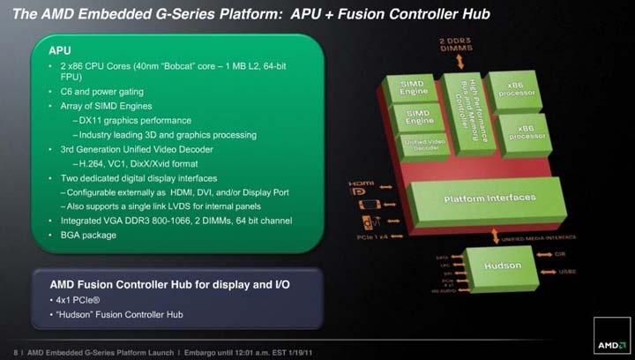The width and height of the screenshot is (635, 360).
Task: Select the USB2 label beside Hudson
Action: click(570, 273)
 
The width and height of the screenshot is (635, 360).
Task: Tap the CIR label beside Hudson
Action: click(562, 252)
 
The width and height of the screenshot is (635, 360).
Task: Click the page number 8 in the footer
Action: click(18, 349)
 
